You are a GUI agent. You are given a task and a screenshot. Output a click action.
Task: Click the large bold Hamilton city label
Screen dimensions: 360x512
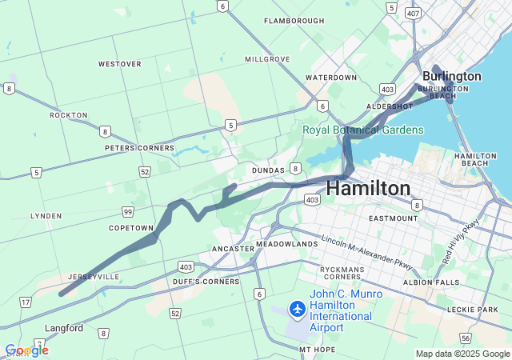tap(369, 188)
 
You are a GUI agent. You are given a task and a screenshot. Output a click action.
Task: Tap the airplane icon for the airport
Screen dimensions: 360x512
tap(297, 308)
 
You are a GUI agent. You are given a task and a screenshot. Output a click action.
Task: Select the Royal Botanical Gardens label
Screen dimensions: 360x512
tap(363, 130)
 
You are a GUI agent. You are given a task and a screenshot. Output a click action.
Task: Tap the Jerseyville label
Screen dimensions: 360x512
tap(94, 277)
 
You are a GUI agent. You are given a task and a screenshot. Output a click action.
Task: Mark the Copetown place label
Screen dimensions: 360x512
tap(131, 228)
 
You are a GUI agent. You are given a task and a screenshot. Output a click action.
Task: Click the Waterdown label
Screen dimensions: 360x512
tap(331, 78)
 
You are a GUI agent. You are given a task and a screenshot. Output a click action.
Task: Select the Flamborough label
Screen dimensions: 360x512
tap(294, 21)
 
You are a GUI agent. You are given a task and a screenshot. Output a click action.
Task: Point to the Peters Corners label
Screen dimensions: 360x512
tap(139, 148)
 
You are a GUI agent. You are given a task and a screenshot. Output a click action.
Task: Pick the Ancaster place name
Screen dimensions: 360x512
tap(233, 249)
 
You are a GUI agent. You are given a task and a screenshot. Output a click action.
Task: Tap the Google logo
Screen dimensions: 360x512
tap(26, 350)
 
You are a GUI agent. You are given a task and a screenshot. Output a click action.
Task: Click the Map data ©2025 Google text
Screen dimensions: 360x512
tap(462, 354)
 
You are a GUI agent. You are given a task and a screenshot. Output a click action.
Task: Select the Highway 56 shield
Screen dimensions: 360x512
tap(487, 339)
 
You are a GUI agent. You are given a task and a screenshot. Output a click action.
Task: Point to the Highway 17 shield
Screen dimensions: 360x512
tap(25, 302)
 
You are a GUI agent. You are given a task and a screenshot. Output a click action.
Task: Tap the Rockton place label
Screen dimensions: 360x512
tap(68, 115)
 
